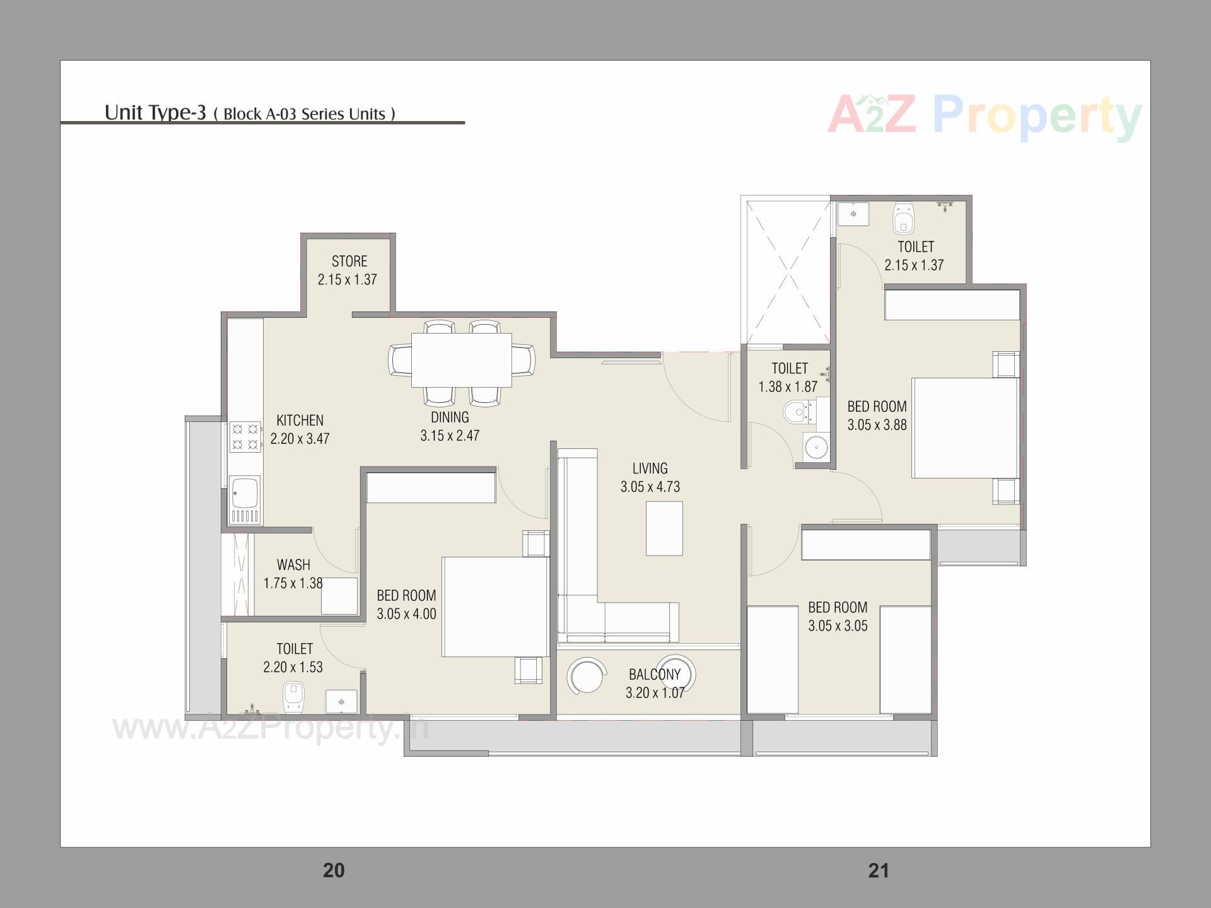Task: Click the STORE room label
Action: (x=349, y=262)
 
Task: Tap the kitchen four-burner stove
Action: (x=245, y=437)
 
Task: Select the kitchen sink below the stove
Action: (x=245, y=492)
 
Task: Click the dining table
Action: (x=461, y=360)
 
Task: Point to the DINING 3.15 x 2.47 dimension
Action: (x=450, y=436)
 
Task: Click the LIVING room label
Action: (x=650, y=469)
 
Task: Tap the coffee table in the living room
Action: (x=664, y=528)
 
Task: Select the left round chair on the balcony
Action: (x=585, y=676)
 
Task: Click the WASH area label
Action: (x=293, y=565)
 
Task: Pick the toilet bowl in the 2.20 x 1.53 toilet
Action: (x=293, y=698)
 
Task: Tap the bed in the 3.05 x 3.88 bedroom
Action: (x=964, y=428)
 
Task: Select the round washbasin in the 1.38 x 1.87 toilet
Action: (x=816, y=448)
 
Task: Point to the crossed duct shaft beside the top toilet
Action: (x=787, y=272)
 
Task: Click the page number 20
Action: (x=334, y=871)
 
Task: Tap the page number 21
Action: (x=879, y=871)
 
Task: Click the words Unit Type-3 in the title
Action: (x=155, y=112)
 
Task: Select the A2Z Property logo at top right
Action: (x=984, y=117)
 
